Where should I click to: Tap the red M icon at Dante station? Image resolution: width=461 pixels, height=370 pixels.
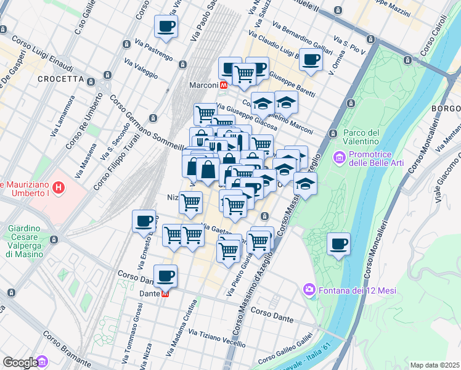click(165, 294)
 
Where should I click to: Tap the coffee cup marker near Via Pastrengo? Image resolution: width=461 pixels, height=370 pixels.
click(166, 26)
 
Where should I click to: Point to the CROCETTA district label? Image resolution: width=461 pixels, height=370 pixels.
click(60, 79)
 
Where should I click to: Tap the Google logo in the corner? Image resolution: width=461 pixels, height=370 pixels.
click(21, 362)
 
